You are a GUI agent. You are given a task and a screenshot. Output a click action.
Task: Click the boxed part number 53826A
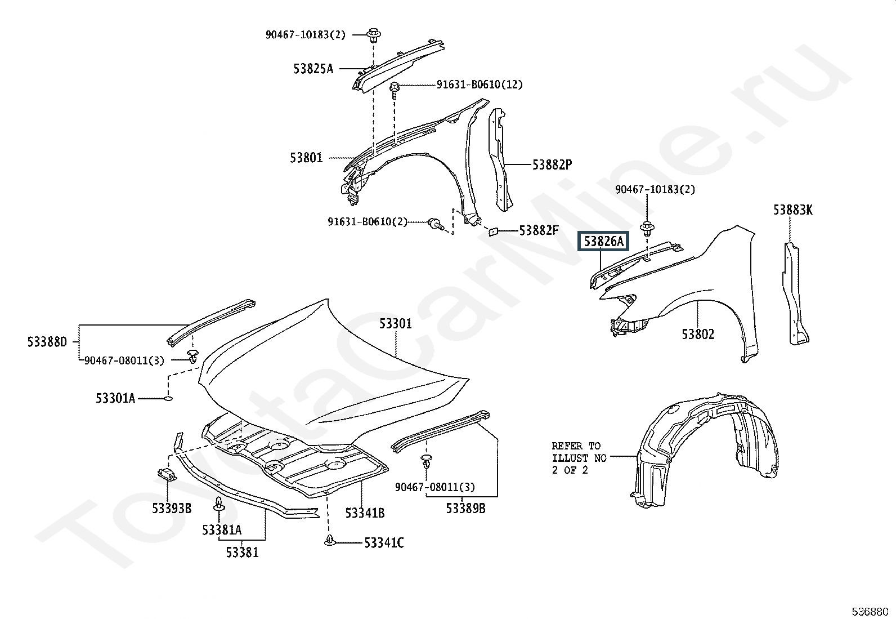[603, 241]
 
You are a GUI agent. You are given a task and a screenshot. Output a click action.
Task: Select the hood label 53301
[395, 323]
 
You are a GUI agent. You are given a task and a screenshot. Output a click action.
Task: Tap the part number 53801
[306, 158]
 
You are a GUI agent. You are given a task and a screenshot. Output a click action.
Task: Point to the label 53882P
[552, 164]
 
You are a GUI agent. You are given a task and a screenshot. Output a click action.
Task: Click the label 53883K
[792, 210]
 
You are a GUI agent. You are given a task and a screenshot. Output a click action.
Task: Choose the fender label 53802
[697, 334]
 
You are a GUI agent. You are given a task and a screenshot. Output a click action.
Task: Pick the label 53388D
[47, 342]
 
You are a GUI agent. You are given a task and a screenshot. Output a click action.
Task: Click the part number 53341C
[384, 543]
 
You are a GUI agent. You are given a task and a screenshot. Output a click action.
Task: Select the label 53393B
[172, 509]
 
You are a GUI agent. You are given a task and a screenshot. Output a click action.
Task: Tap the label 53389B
[465, 509]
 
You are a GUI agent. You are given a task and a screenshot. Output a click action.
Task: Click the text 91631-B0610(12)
[479, 84]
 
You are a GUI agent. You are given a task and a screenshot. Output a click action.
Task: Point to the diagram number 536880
[870, 611]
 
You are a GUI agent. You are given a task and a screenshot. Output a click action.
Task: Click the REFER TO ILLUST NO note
[579, 458]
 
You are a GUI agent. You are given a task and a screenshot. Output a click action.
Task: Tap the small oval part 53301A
[168, 398]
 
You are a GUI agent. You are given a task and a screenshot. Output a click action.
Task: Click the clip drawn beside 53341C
[329, 540]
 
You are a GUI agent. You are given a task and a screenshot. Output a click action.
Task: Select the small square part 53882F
[494, 231]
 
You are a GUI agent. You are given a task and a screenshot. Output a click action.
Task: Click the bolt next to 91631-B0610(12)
[395, 91]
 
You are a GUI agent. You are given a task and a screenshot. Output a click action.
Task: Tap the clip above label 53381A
[219, 505]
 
